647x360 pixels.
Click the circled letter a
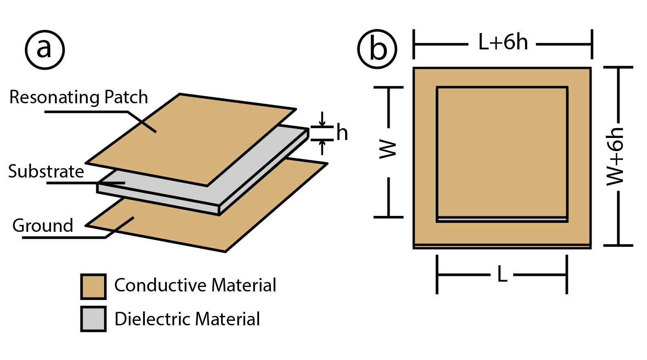[x=45, y=50]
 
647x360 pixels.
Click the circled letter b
[x=377, y=49]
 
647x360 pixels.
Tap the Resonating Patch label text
[x=79, y=97]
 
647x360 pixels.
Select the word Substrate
[x=46, y=171]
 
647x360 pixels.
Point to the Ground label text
[x=43, y=226]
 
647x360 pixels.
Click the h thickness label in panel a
[x=342, y=133]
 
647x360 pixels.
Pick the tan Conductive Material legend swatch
[x=93, y=287]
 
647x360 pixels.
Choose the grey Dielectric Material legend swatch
[x=93, y=319]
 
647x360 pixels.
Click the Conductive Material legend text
[x=195, y=285]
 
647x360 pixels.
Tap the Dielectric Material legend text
[x=187, y=319]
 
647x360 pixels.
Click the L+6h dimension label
[x=503, y=42]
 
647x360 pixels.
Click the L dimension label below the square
[x=502, y=275]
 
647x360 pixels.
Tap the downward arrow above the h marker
[x=322, y=119]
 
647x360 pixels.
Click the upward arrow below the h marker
[x=322, y=147]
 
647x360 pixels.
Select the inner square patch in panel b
[x=502, y=151]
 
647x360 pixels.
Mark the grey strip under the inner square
[x=502, y=220]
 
